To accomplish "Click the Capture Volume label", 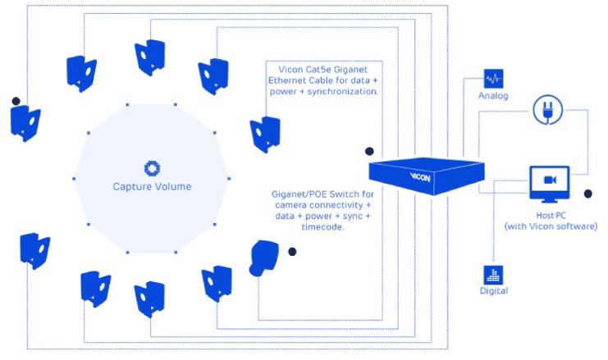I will point(152,186).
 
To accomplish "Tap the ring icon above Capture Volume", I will point(152,168).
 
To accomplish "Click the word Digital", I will point(494,292).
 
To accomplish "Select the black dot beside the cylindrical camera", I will point(292,252).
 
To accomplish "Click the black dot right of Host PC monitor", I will point(587,194).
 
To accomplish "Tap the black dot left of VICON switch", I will point(370,151).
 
